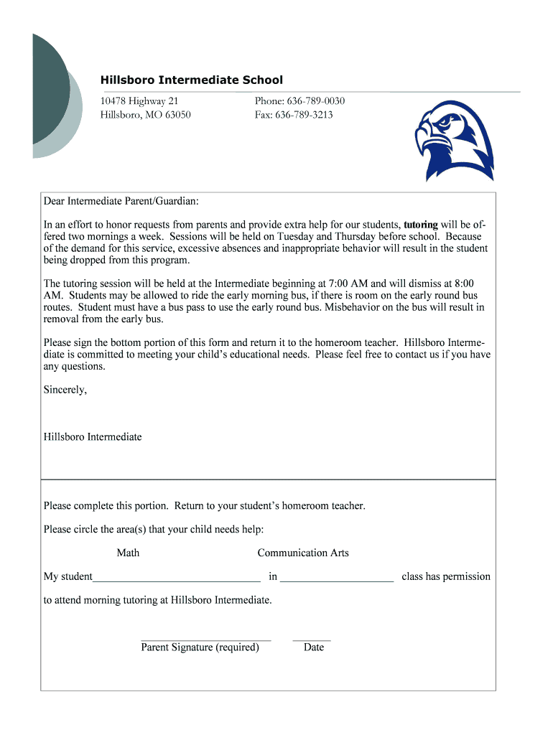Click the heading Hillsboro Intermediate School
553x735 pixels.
(x=191, y=80)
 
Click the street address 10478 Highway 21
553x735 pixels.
(x=139, y=101)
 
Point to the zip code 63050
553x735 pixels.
(x=177, y=115)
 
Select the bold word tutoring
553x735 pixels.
(x=421, y=224)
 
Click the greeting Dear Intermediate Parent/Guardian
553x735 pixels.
(x=121, y=202)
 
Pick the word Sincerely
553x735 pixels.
(x=65, y=390)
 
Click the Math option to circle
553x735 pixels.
(x=128, y=553)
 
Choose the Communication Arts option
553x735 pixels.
(x=303, y=553)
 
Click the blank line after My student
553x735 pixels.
(x=177, y=577)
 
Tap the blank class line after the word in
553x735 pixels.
(x=336, y=577)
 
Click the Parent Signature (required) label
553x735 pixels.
(x=200, y=647)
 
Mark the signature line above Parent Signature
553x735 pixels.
(x=205, y=638)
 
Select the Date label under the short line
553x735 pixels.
(x=314, y=647)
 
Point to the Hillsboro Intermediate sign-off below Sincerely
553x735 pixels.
(x=93, y=436)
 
